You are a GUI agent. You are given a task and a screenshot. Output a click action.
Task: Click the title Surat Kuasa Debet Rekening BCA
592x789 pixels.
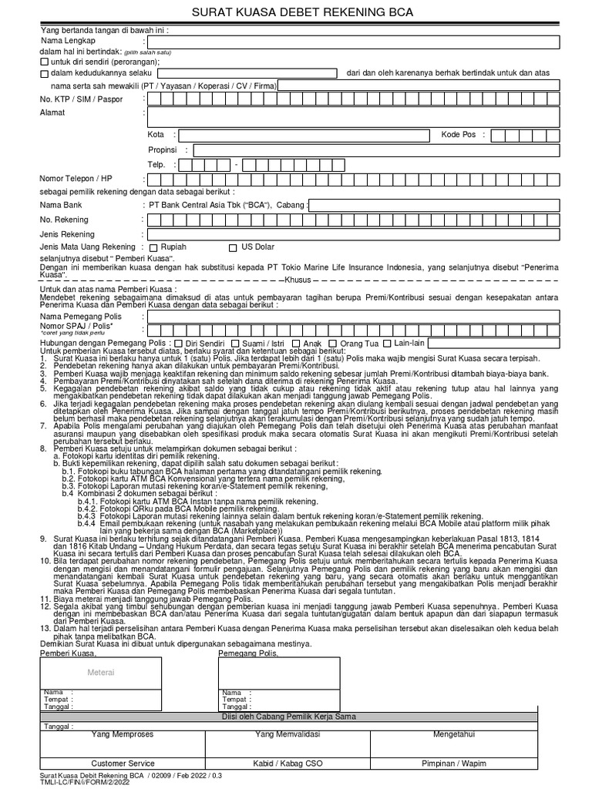(x=297, y=12)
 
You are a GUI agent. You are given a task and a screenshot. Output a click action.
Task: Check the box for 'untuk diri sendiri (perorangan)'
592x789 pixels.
(x=44, y=62)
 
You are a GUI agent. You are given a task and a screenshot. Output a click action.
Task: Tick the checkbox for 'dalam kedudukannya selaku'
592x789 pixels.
(x=44, y=73)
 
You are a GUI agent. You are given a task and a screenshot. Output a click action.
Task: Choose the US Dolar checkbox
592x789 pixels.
(x=234, y=247)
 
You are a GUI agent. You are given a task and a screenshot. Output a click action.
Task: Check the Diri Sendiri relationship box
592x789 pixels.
(x=179, y=343)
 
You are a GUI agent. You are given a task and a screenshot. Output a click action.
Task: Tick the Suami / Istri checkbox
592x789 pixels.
(x=235, y=343)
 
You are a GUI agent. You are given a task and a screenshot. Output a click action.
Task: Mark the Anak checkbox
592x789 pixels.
(x=296, y=343)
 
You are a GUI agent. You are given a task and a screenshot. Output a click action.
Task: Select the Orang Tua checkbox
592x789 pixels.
(x=333, y=343)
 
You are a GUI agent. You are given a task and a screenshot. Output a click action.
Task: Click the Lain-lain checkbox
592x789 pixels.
(x=387, y=343)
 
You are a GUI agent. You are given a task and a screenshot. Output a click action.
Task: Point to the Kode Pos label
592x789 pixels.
(x=459, y=135)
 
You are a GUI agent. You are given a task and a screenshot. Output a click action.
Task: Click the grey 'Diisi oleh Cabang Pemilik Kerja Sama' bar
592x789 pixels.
(x=296, y=717)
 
